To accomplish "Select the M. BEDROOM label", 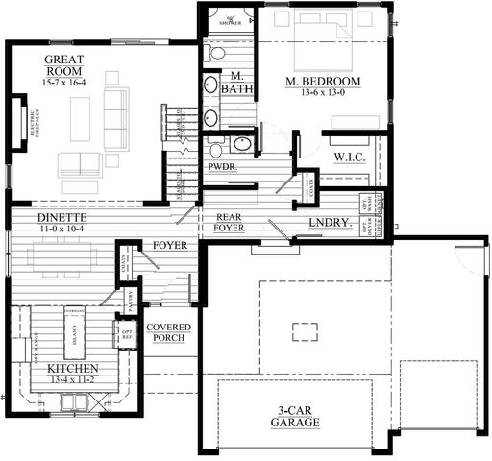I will click(322, 83).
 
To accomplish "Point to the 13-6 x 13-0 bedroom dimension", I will click(322, 94).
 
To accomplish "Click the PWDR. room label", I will click(222, 166).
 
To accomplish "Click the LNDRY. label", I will click(330, 224).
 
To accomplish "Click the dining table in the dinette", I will click(62, 256).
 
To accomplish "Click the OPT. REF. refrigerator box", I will click(126, 334).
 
